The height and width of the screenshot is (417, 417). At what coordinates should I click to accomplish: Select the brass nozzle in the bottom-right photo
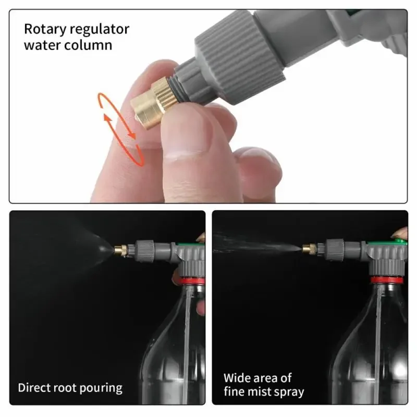pyautogui.click(x=309, y=248)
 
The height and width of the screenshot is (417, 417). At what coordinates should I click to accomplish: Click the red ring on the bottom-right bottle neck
pyautogui.click(x=389, y=280)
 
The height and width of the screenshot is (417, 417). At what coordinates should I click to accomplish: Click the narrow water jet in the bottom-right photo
pyautogui.click(x=261, y=244)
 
